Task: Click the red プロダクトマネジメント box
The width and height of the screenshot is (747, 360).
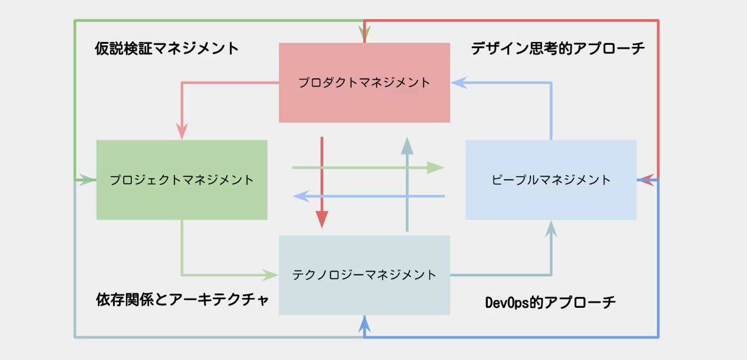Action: coord(364,83)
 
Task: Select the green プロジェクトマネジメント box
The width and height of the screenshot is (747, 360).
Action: coord(181,180)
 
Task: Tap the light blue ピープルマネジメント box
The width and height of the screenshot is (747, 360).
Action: coord(551,180)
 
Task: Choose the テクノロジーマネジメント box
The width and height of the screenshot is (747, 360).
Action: coord(364,275)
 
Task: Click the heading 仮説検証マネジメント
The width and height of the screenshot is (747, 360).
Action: coord(167,49)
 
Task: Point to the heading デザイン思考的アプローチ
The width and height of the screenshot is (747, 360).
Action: coord(558,49)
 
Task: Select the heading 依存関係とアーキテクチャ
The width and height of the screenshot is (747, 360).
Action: coord(182,300)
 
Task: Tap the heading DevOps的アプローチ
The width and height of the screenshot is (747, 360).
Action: coord(550,302)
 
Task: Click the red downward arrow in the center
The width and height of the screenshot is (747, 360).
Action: coord(322,181)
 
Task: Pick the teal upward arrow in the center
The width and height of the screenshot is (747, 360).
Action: coord(407,184)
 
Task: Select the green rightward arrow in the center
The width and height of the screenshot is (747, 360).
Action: coord(368,168)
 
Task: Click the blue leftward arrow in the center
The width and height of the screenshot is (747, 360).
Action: coord(368,196)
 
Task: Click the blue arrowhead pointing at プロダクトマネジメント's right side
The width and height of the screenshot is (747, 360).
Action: coord(459,83)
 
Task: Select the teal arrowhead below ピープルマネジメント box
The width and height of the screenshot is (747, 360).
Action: coord(551,229)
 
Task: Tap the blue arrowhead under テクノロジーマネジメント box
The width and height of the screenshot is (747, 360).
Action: coord(364,323)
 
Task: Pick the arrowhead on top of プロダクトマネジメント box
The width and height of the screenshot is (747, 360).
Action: coord(364,35)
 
